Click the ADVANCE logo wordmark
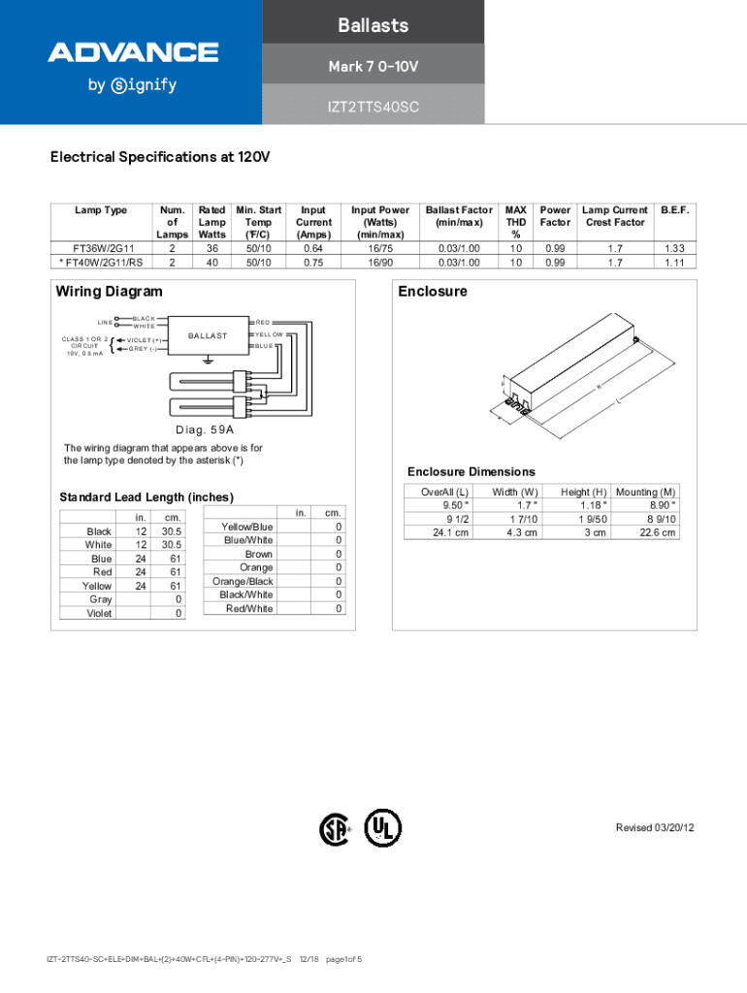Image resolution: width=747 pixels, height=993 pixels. pos(133,51)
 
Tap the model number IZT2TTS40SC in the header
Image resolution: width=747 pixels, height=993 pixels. pos(373,106)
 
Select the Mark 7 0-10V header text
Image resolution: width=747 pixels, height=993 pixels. pos(373,66)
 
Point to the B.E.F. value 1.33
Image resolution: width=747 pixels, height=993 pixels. pos(674,248)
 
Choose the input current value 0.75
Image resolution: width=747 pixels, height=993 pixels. pos(312,262)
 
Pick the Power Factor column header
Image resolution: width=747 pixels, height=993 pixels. pos(555,216)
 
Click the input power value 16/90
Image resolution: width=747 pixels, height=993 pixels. pos(379,262)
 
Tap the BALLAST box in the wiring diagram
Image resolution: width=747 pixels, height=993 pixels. pos(208,336)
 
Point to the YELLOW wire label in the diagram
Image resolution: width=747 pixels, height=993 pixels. pos(270,334)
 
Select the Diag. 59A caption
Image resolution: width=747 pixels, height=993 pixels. pos(204,429)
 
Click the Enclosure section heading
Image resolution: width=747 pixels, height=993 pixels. pos(432,291)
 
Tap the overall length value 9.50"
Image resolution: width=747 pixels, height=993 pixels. pos(455,505)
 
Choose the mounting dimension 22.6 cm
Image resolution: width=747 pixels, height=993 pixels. pos(655,532)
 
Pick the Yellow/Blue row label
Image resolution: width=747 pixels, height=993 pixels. pos(247,527)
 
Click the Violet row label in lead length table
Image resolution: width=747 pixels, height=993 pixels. pos(99,614)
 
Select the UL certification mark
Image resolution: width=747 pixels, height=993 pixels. pos(382,827)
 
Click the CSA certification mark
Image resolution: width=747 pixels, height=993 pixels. pos(335,829)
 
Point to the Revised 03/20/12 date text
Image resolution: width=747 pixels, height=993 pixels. pos(655,827)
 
